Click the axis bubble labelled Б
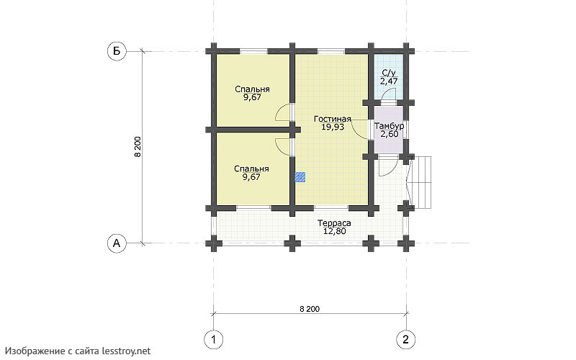(x=117, y=51)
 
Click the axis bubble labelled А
(x=117, y=243)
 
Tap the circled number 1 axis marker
(x=213, y=339)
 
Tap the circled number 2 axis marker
(x=406, y=339)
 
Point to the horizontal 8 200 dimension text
(x=310, y=309)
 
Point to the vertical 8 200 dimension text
(x=138, y=147)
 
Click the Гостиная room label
(x=333, y=119)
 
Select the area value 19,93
(x=333, y=127)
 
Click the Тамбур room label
(x=389, y=126)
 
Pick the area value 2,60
(x=389, y=134)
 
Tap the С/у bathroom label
(x=389, y=73)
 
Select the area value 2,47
(x=389, y=81)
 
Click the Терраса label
(x=334, y=223)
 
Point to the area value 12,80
(x=334, y=231)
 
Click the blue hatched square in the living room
(x=300, y=177)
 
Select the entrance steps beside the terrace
(x=421, y=183)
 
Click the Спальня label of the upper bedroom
(x=253, y=89)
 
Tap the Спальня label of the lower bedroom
(x=251, y=168)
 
